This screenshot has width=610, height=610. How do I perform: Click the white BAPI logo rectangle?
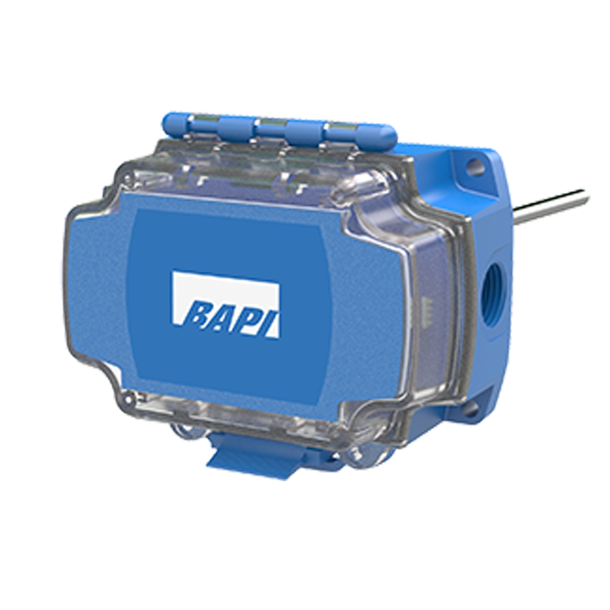pos(226,304)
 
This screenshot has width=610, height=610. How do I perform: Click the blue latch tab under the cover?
pos(249,458)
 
